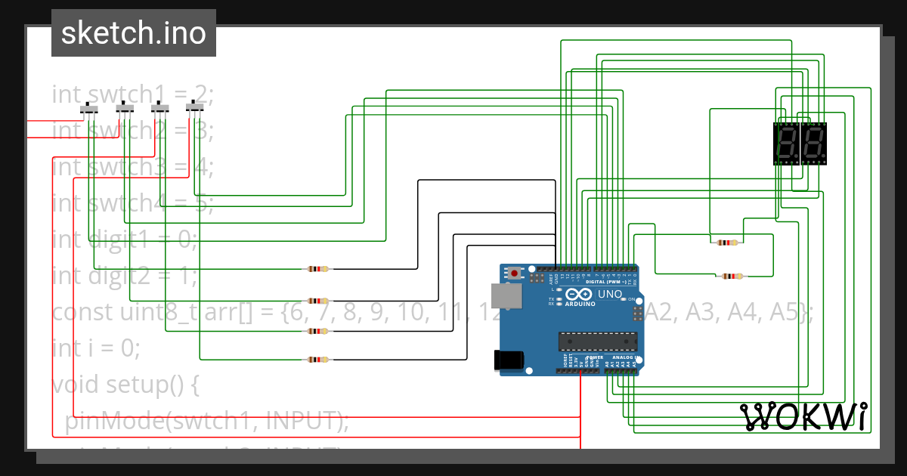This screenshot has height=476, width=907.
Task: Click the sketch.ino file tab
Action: pos(133,33)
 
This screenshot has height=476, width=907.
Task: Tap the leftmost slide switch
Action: pos(89,110)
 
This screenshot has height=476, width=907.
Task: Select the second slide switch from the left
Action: pos(125,110)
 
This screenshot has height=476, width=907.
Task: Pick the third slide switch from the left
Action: pos(159,110)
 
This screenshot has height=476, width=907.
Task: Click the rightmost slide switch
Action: pos(195,110)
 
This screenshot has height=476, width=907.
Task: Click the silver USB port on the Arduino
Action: pos(506,296)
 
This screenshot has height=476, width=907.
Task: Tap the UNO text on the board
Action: pos(610,293)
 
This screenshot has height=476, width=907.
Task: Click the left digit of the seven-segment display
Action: pos(787,143)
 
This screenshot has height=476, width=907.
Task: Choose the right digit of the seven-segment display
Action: pos(813,143)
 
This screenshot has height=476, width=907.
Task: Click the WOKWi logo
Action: pos(804,416)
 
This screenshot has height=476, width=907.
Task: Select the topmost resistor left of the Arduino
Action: pos(318,269)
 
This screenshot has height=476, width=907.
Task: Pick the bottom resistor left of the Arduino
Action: pos(318,360)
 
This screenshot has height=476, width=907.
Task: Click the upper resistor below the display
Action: pos(726,243)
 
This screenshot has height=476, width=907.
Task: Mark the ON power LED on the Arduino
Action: pos(625,300)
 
